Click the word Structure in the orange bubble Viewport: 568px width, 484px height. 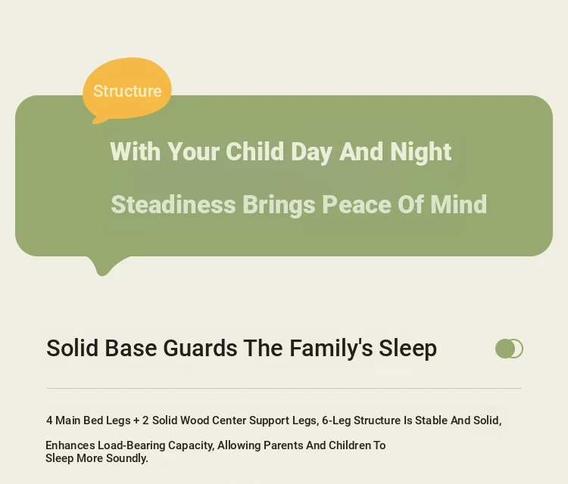click(127, 92)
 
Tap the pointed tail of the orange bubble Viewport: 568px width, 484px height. click(95, 121)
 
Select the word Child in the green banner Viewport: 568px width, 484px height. click(254, 151)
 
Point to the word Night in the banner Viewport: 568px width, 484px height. click(421, 152)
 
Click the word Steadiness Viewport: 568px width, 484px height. click(173, 205)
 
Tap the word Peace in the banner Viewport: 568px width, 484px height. click(357, 205)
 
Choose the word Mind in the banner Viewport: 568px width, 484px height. click(458, 204)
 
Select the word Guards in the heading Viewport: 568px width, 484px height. click(201, 348)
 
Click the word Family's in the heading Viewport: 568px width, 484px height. click(331, 349)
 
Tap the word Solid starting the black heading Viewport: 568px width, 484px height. click(73, 348)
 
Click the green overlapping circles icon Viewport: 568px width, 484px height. click(509, 349)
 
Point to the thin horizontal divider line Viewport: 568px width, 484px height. click(284, 389)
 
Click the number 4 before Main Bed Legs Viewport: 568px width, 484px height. click(49, 420)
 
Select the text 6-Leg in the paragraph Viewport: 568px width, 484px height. click(336, 420)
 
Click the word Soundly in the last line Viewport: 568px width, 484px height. click(127, 458)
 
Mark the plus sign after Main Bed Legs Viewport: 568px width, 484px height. click(136, 420)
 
